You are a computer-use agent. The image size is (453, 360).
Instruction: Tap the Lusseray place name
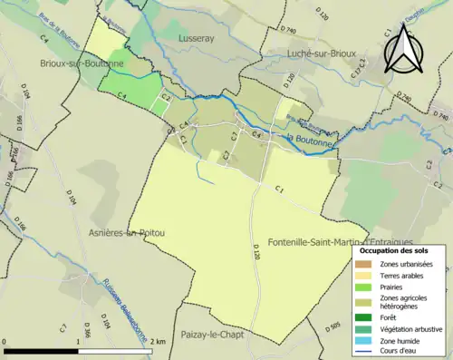point(198,39)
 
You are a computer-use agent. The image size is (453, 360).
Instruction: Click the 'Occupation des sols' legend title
point(399,250)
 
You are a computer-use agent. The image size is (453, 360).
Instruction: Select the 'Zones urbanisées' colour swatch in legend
point(363,264)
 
